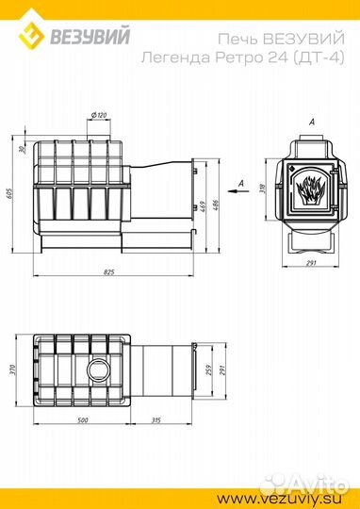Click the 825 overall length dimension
click(109, 272)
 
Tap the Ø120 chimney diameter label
click(99, 115)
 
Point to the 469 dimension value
click(204, 206)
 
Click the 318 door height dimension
click(263, 189)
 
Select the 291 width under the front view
click(311, 263)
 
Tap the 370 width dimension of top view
click(13, 370)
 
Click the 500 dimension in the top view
click(83, 420)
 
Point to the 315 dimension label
click(156, 420)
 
